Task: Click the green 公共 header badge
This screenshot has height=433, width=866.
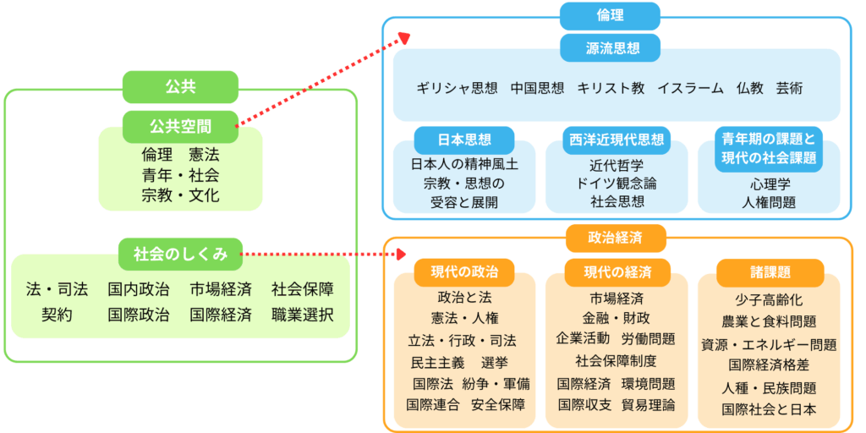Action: point(180,87)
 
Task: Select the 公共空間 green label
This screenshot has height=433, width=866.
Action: point(180,127)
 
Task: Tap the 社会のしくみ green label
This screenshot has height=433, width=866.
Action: point(180,253)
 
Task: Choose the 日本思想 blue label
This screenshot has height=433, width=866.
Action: point(464,140)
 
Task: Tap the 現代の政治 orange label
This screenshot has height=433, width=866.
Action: point(464,271)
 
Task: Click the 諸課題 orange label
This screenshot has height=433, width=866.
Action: point(770,271)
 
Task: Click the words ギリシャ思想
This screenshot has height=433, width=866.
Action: point(456,88)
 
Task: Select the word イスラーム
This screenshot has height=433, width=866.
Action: point(690,88)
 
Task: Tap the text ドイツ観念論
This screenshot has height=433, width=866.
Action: point(617,183)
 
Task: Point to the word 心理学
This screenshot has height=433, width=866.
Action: point(769,183)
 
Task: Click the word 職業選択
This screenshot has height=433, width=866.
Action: point(303,315)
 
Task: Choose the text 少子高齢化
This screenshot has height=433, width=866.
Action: point(769,300)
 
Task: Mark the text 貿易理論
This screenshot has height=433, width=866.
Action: point(648,405)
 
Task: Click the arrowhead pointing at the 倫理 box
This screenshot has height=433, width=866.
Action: point(404,38)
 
